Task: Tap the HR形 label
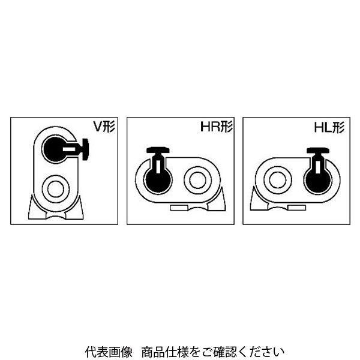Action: [217, 127]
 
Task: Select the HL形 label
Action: [329, 127]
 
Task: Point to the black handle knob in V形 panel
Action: [86, 149]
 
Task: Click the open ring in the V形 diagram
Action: [56, 189]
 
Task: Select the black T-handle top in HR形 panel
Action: [158, 150]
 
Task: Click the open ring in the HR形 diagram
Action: [197, 180]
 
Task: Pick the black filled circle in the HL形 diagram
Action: [318, 180]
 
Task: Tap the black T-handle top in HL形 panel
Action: [319, 150]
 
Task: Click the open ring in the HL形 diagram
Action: [278, 180]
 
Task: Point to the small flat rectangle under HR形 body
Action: [179, 208]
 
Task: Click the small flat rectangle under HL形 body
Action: [296, 208]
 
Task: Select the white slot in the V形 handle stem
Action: [69, 149]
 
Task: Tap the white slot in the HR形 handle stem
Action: [158, 167]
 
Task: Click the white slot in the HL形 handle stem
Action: [318, 167]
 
